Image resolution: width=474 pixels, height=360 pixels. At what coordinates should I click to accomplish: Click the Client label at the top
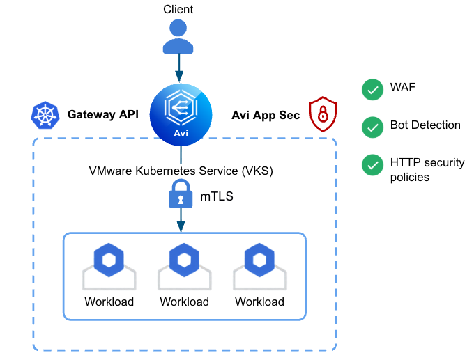[178, 9]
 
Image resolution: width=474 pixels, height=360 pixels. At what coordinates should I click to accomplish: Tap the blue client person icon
[178, 36]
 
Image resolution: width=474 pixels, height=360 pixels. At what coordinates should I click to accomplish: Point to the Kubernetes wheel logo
[45, 116]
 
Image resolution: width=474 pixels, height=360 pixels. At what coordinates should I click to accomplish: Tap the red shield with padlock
[322, 114]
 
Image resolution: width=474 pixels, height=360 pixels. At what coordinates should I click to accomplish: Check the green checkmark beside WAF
[372, 89]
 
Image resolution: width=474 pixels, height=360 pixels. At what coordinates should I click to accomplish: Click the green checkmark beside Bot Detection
[372, 127]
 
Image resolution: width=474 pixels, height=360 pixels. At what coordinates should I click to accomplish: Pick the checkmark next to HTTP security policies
[372, 164]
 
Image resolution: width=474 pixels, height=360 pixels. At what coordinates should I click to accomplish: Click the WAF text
[403, 88]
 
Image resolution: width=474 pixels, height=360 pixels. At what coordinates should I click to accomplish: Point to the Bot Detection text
[425, 125]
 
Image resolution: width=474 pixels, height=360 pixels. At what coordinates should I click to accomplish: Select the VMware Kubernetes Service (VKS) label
[181, 171]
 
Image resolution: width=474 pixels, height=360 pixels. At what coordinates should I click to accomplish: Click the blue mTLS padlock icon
[181, 196]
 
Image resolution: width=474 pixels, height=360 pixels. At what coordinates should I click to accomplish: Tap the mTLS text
[217, 197]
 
